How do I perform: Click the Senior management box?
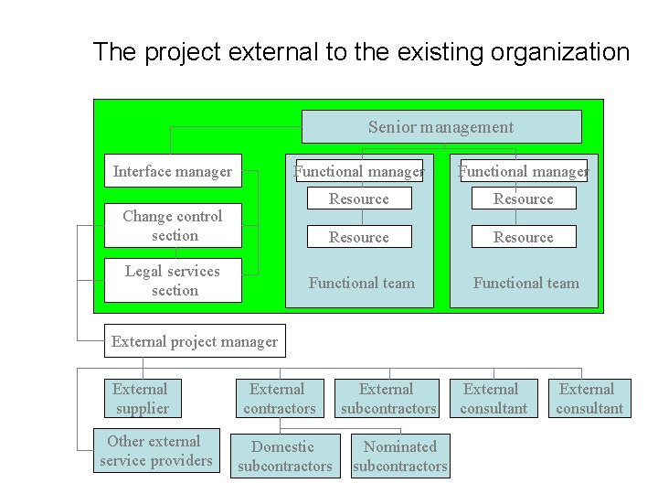tap(441, 127)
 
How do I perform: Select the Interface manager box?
tap(173, 171)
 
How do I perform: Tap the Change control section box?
tap(173, 226)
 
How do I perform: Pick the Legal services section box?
tap(173, 280)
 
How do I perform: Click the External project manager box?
tap(194, 342)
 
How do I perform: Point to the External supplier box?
tap(141, 399)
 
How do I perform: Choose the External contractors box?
tap(279, 399)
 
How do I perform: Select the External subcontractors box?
tap(387, 399)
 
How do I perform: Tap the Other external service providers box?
tap(155, 450)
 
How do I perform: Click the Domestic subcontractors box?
tap(284, 456)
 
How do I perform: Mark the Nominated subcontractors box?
tap(400, 456)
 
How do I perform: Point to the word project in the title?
tap(181, 52)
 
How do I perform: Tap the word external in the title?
tap(273, 52)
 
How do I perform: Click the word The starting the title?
tap(114, 52)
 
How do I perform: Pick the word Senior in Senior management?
tap(391, 127)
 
